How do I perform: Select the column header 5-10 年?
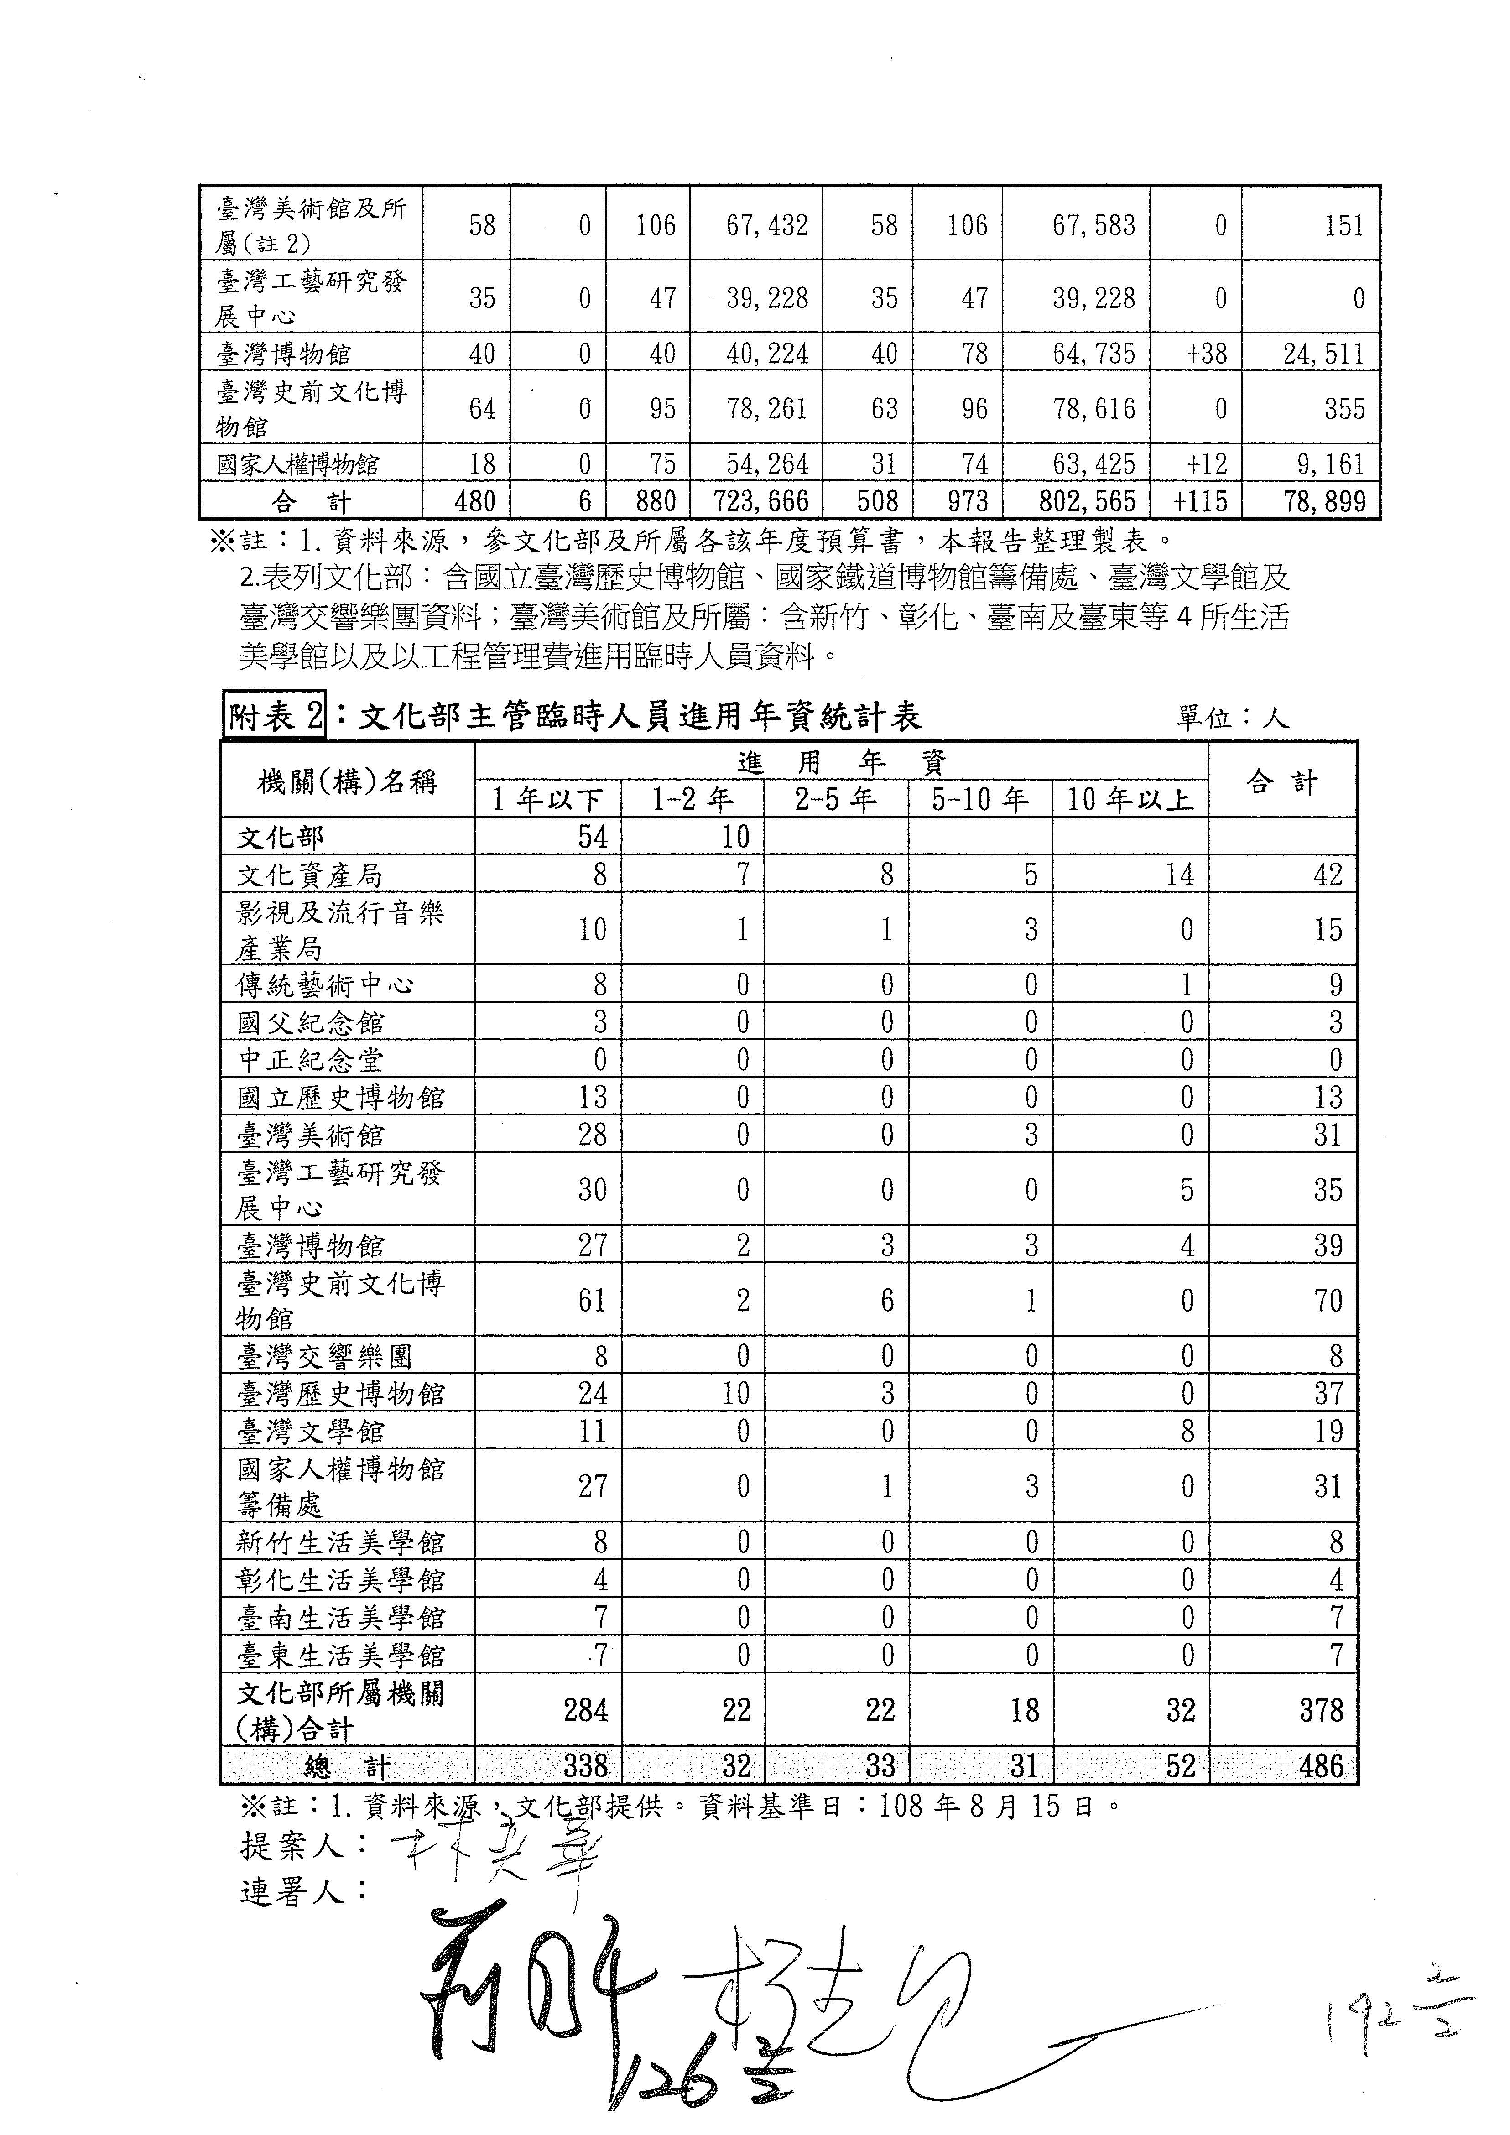980,799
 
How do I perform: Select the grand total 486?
1321,1765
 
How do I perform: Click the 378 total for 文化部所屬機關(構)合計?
1321,1709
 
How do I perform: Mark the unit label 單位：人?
1232,718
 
